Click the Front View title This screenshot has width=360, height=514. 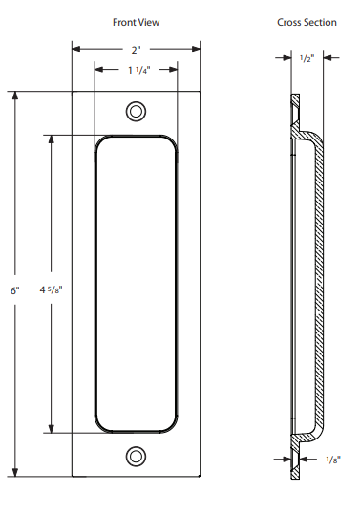coord(136,22)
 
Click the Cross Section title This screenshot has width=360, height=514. coord(307,22)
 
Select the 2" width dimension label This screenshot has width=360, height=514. coord(137,50)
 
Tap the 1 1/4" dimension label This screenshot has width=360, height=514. coord(139,70)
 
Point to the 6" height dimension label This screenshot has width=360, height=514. coord(15,290)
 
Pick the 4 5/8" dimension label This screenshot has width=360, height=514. coord(52,289)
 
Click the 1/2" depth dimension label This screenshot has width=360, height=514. coord(307,58)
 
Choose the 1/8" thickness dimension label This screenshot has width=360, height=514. coord(333,460)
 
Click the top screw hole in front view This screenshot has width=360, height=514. coord(136,111)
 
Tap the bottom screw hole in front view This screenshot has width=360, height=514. coord(136,456)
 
